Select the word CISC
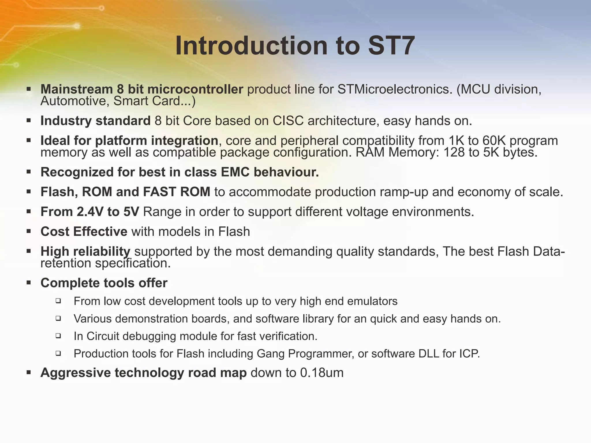click(x=288, y=121)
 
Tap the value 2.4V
click(x=90, y=212)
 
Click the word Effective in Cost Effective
click(x=100, y=232)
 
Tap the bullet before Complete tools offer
click(x=29, y=283)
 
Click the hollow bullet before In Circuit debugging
click(x=58, y=336)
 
